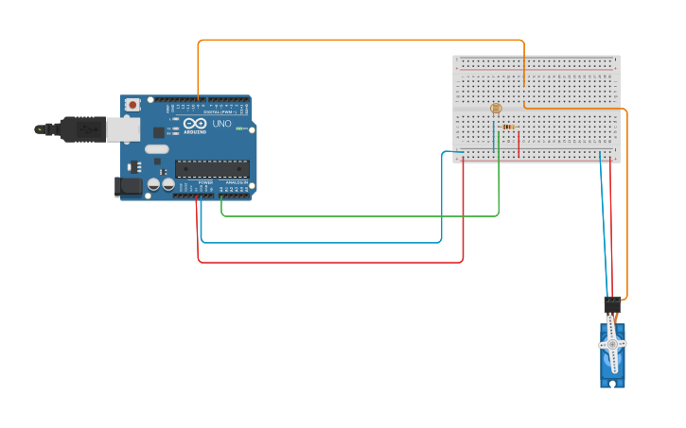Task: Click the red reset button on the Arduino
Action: [x=132, y=104]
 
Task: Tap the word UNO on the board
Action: [x=220, y=124]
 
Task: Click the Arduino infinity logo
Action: [x=194, y=124]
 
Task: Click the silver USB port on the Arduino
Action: [x=122, y=129]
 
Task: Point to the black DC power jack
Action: [x=128, y=187]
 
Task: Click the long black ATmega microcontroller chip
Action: [x=212, y=169]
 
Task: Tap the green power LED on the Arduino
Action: [x=240, y=128]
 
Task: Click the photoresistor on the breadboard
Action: [x=496, y=109]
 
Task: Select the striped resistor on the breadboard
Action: [x=508, y=127]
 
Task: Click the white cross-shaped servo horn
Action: [x=612, y=346]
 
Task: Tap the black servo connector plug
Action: [x=612, y=305]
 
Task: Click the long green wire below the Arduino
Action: [x=360, y=216]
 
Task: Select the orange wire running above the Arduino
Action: [x=360, y=40]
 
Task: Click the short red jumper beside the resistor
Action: [x=519, y=144]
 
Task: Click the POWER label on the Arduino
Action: [x=205, y=182]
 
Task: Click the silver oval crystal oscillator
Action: [x=157, y=148]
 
